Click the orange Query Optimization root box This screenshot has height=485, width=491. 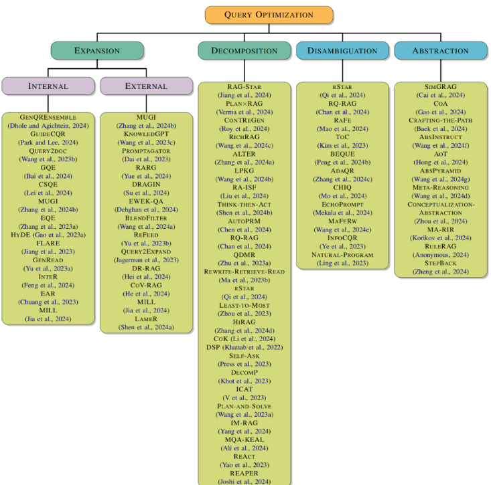269,14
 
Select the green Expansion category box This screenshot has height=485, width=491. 97,50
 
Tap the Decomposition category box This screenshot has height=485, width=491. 244,50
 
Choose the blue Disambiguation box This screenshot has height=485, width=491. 342,50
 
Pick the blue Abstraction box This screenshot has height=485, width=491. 441,50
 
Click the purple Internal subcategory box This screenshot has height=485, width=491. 48,86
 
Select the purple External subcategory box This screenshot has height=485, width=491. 146,86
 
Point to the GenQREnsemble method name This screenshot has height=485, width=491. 48,116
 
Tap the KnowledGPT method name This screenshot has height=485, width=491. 146,132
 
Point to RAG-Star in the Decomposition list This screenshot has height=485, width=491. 244,87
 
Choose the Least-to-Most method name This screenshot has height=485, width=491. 244,304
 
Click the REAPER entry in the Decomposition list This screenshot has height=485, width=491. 244,473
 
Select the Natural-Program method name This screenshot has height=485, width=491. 342,255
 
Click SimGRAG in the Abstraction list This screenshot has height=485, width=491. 441,87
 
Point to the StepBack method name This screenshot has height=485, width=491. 441,263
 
